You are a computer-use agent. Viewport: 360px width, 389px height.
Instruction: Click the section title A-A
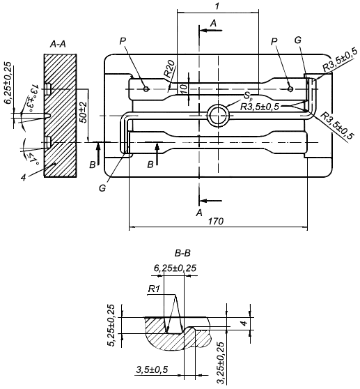(58, 44)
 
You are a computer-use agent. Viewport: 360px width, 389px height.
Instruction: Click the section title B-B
(182, 254)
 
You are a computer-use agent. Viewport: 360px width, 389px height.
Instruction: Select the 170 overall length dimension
(216, 221)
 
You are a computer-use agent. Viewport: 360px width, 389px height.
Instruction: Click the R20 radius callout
(170, 70)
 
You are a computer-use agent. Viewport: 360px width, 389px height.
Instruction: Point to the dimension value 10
(184, 89)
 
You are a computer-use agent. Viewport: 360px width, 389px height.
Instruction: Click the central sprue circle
(218, 116)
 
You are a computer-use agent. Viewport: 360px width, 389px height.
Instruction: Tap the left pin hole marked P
(146, 89)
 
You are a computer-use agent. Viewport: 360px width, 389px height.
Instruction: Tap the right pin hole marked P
(291, 89)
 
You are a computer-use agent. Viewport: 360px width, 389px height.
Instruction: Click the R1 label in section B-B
(154, 289)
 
